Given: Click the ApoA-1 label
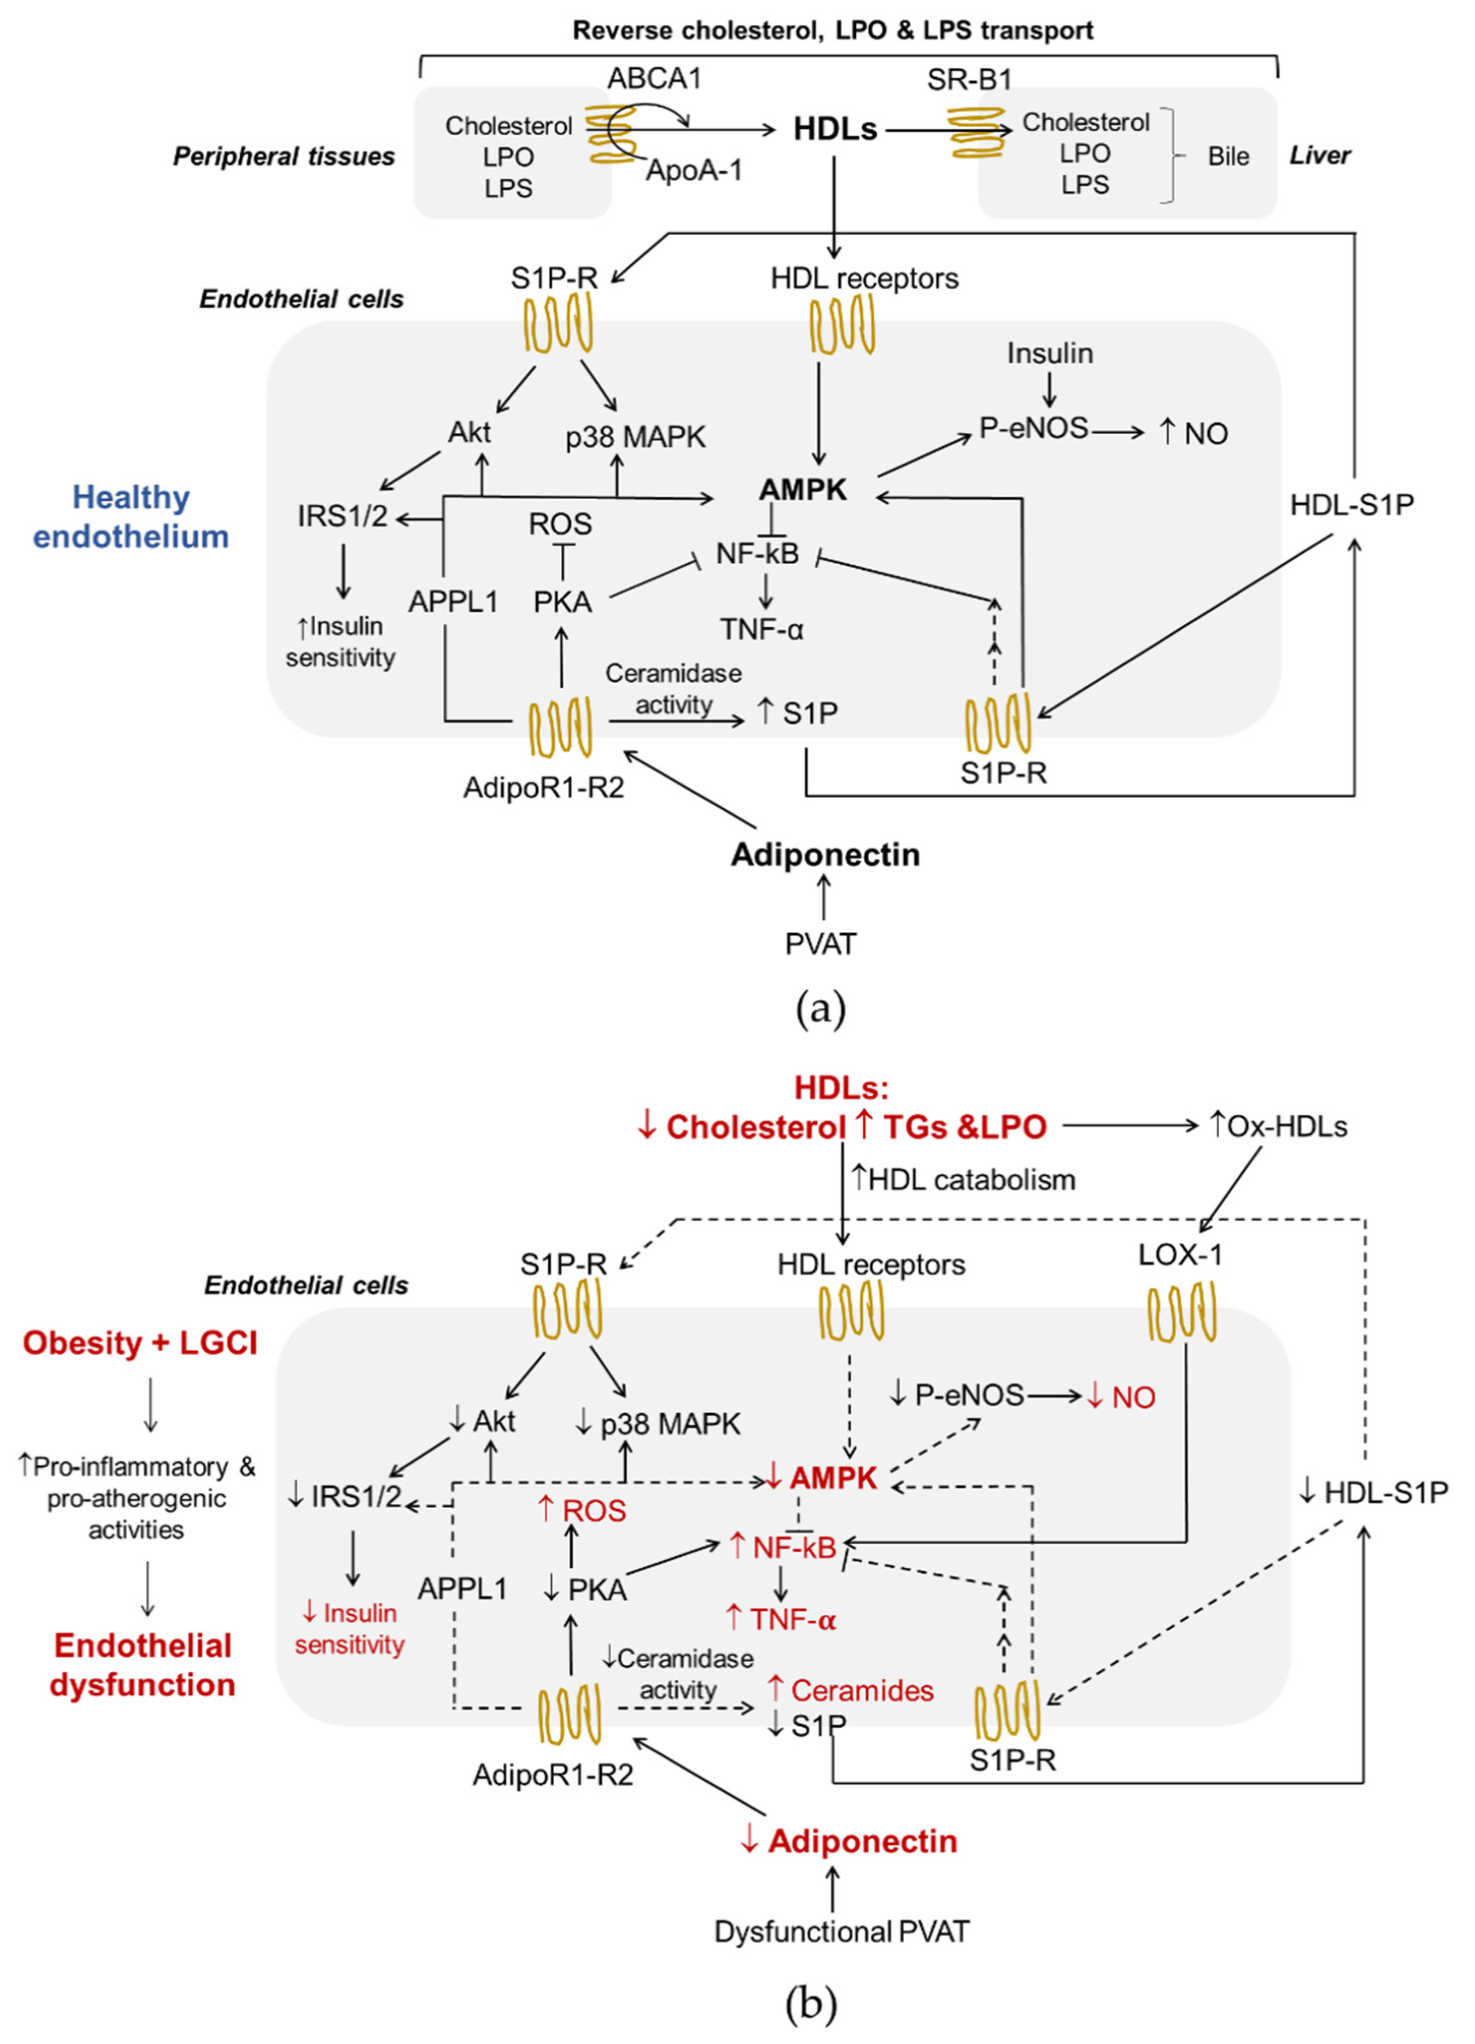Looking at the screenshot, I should (x=694, y=170).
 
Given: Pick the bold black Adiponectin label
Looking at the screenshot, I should (x=825, y=855).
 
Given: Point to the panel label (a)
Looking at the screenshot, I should (x=821, y=1010).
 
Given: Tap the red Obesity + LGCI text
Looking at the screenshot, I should (x=141, y=1343).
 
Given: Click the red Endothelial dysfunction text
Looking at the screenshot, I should (x=142, y=1665).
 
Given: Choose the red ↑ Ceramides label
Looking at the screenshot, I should (x=850, y=1691).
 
